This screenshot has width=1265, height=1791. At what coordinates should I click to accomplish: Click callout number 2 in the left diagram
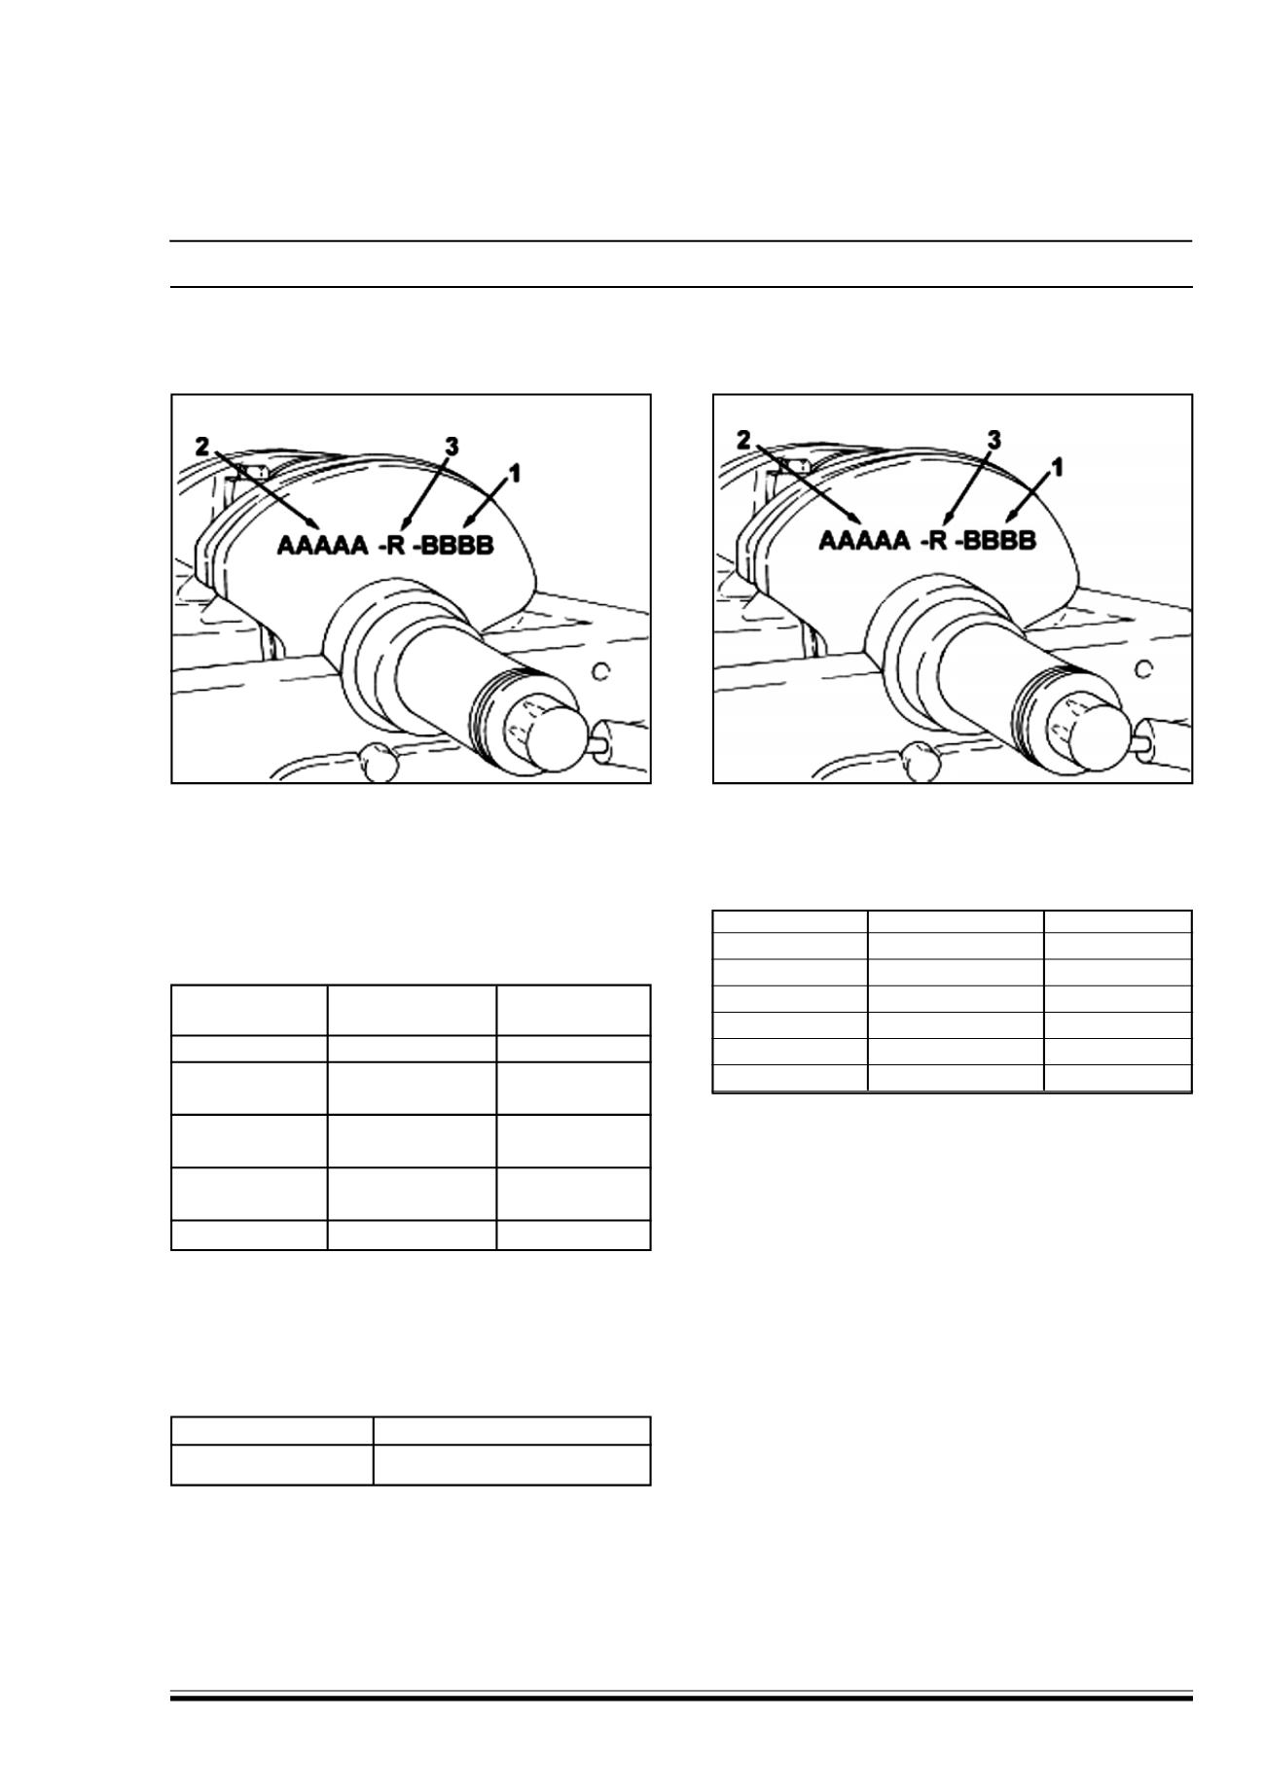click(201, 447)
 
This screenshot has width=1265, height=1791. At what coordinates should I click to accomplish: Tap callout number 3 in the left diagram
click(452, 447)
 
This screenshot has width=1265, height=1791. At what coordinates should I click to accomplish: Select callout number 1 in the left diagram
click(515, 473)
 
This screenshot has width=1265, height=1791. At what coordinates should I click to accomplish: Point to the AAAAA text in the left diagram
click(323, 545)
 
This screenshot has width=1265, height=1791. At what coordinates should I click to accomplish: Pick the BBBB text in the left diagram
click(457, 545)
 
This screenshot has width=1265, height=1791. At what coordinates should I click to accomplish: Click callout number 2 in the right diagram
click(743, 441)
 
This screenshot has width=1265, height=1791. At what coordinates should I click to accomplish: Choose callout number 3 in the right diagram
click(994, 441)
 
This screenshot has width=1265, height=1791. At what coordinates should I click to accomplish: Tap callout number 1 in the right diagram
click(1057, 467)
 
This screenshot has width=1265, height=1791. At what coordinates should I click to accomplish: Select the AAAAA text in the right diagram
click(865, 539)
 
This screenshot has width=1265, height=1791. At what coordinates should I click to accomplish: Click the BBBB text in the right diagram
click(999, 539)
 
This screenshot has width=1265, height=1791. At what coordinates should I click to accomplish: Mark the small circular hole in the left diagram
click(601, 670)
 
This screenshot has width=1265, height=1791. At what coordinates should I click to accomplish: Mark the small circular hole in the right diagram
click(1143, 670)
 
